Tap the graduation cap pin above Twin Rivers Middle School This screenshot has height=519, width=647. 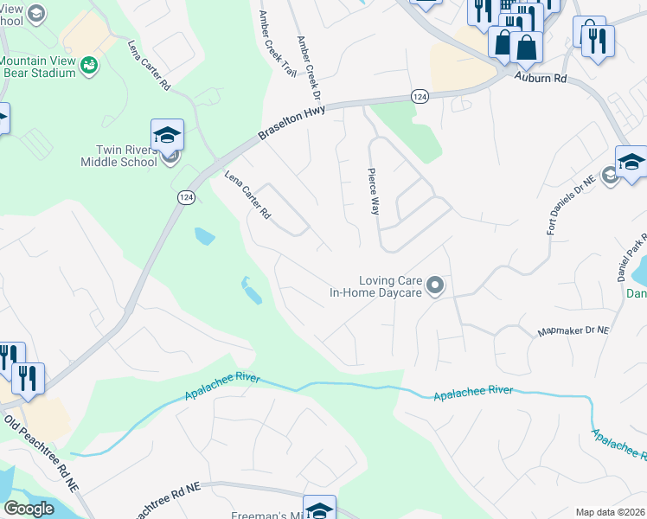[x=167, y=136]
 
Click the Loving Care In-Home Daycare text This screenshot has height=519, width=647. [x=375, y=286]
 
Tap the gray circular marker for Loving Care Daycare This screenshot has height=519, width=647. [x=435, y=285]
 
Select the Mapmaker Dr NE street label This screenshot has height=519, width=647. [x=573, y=330]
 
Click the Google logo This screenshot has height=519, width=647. [x=29, y=509]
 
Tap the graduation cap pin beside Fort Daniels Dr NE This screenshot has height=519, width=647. [x=631, y=163]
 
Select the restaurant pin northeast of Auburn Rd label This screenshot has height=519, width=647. [x=598, y=42]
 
